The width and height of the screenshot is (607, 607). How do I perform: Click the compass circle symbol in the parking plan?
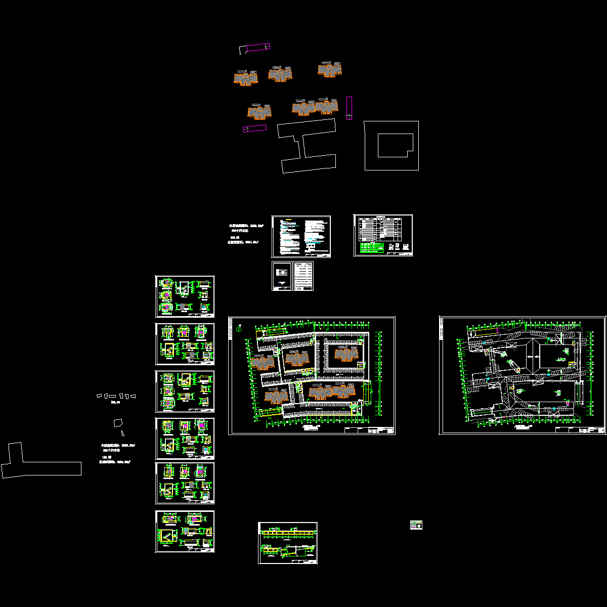(239, 329)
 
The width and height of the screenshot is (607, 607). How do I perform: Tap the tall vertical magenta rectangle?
(349, 108)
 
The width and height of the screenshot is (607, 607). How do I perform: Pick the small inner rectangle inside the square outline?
(396, 145)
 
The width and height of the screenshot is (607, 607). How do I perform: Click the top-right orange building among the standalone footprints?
(330, 69)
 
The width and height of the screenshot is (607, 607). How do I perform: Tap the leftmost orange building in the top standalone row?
(246, 78)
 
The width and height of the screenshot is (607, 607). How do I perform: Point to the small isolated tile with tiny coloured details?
(416, 525)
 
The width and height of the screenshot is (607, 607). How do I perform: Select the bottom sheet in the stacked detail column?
(185, 532)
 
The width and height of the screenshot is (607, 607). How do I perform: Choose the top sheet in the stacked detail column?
(185, 296)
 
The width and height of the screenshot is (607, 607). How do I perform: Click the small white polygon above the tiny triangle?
(118, 422)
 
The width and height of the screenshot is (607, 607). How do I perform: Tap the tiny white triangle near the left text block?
(122, 432)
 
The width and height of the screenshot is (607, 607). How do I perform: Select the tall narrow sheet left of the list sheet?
(282, 276)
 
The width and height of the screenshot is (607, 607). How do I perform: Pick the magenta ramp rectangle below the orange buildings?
(255, 128)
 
